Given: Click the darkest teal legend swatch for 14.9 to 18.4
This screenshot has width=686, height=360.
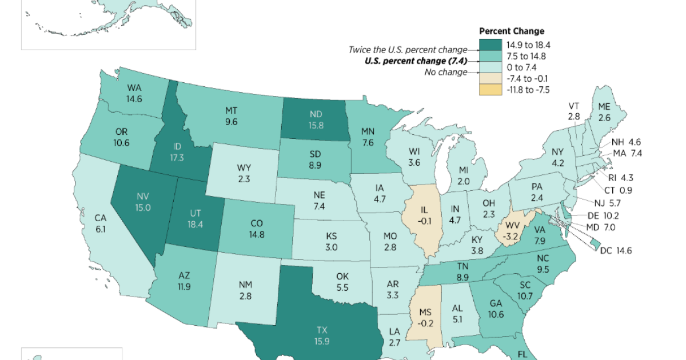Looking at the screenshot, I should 490,45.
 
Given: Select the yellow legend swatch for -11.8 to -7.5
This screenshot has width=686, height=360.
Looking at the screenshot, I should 490,89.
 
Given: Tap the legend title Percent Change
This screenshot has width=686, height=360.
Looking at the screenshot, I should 511,31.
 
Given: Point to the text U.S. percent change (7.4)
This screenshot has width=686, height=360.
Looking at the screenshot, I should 416,61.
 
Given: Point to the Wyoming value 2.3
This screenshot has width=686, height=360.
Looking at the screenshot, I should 244,179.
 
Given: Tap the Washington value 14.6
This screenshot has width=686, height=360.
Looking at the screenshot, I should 134,98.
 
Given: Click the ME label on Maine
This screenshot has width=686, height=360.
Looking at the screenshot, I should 604,107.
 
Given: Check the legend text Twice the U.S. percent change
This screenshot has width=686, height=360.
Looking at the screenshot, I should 408,50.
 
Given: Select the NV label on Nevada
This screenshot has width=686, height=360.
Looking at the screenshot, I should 142,197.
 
